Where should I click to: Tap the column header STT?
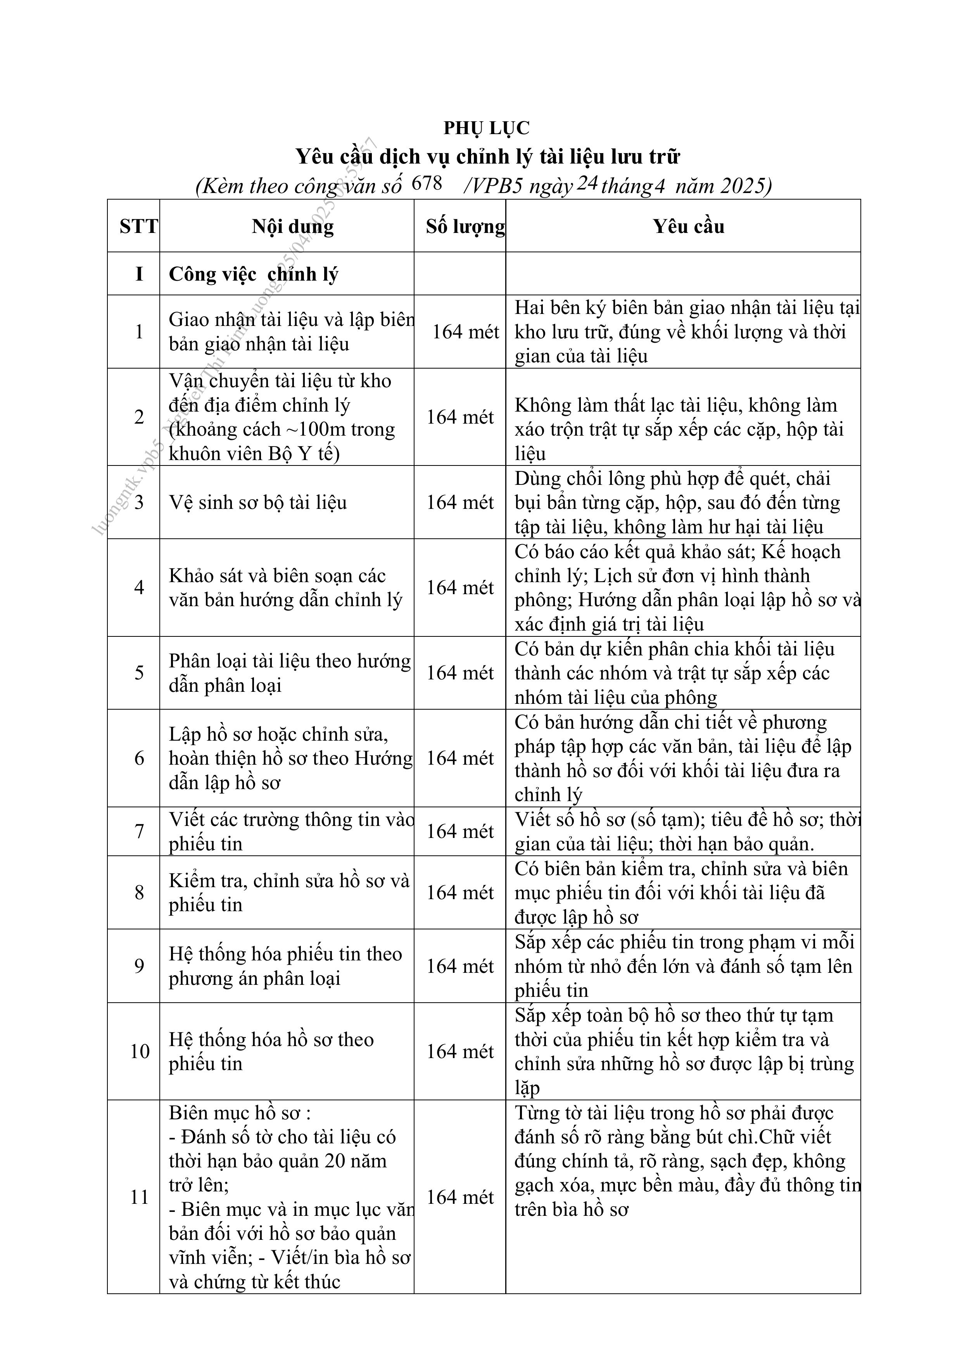[139, 226]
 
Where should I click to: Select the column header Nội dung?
[292, 226]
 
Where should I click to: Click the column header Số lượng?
[465, 226]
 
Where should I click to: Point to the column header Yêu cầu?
[688, 226]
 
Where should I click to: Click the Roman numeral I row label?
[139, 274]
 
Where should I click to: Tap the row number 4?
[139, 587]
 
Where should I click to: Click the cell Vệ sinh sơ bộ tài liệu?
[258, 502]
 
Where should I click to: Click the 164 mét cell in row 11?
[460, 1197]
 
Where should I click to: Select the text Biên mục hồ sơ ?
[240, 1113]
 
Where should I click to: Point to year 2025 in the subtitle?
[743, 186]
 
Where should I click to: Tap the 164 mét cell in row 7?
[460, 832]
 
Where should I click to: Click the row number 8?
[139, 893]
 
